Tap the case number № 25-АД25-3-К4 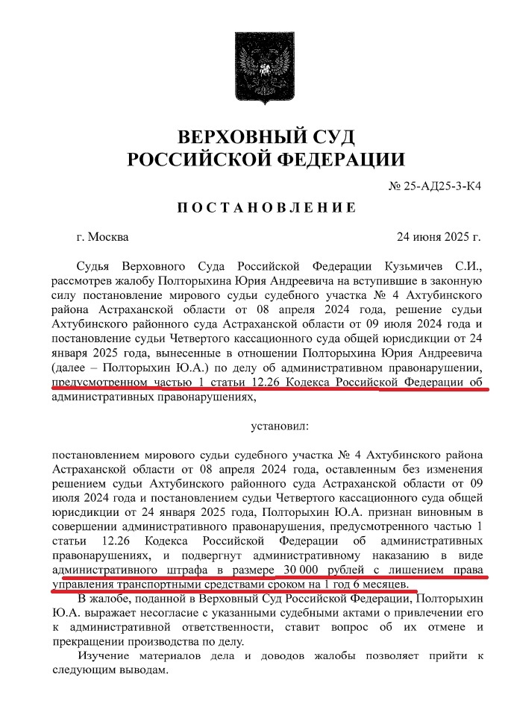435,186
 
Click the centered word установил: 275,427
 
